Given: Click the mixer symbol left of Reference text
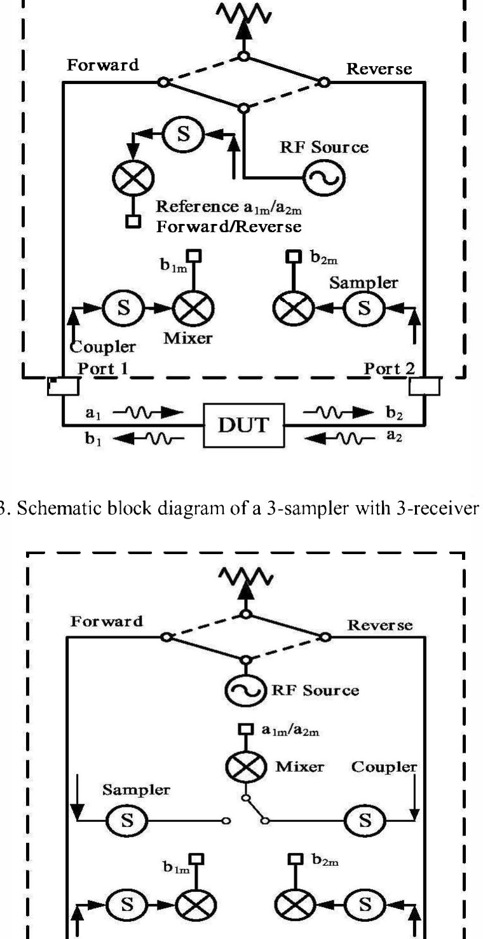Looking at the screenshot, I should pyautogui.click(x=129, y=176).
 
